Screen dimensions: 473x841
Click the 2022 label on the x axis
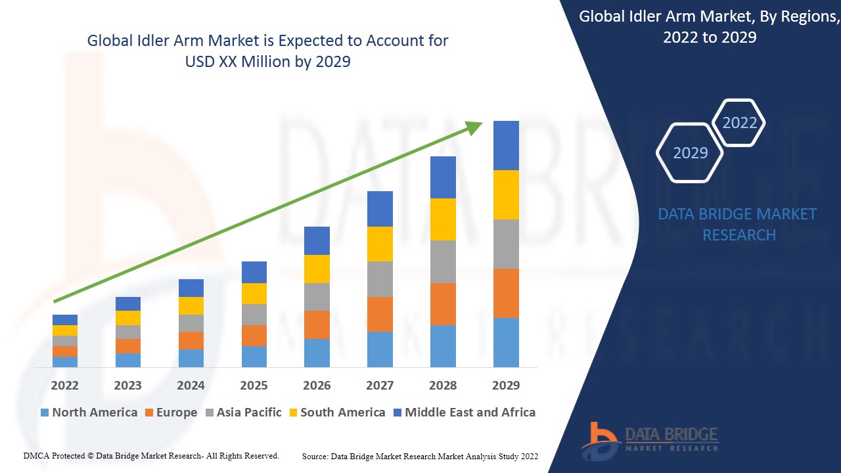(64, 385)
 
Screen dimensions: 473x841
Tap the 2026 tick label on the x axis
(317, 385)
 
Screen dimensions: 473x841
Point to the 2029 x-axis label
(506, 385)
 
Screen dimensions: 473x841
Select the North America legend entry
(89, 413)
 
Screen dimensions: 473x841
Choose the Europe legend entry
(171, 413)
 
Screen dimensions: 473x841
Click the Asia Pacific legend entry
(243, 413)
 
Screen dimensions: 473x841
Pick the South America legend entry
(336, 413)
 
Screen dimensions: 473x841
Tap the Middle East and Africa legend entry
(464, 413)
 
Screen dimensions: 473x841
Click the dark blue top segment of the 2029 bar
(506, 145)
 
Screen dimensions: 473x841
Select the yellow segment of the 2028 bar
(443, 219)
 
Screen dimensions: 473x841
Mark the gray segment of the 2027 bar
(380, 279)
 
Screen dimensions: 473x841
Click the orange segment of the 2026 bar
(317, 325)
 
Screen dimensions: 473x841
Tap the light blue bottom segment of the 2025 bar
(254, 356)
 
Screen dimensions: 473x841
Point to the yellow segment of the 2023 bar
(127, 318)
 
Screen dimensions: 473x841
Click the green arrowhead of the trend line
(474, 127)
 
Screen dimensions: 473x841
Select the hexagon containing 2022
(739, 123)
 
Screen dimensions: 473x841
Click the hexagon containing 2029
(690, 152)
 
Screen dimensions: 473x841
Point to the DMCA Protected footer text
(151, 456)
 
